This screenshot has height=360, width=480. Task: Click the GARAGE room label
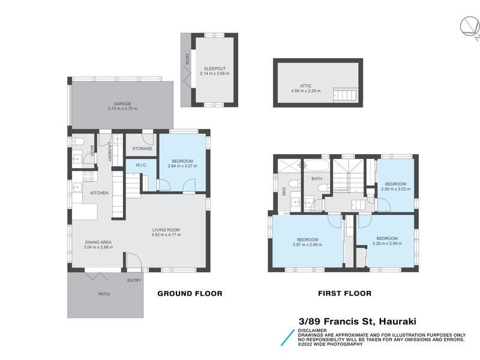pyautogui.click(x=122, y=104)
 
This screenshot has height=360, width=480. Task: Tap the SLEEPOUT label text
pyautogui.click(x=214, y=68)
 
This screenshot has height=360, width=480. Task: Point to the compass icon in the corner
pyautogui.click(x=469, y=27)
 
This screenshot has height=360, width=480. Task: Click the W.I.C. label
pyautogui.click(x=142, y=166)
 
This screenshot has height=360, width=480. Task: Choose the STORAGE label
pyautogui.click(x=142, y=148)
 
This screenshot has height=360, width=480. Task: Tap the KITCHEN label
pyautogui.click(x=99, y=193)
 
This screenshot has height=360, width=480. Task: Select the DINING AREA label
pyautogui.click(x=98, y=242)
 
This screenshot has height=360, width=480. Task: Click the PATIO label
pyautogui.click(x=104, y=294)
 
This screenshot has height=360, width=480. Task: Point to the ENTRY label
pyautogui.click(x=134, y=280)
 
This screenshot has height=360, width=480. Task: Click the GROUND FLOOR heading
pyautogui.click(x=190, y=293)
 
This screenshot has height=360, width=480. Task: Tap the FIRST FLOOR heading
pyautogui.click(x=344, y=293)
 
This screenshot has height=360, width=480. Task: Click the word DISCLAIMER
pyautogui.click(x=312, y=330)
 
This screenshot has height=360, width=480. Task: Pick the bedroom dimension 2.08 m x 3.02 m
pyautogui.click(x=396, y=189)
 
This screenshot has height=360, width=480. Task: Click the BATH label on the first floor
pyautogui.click(x=316, y=178)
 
